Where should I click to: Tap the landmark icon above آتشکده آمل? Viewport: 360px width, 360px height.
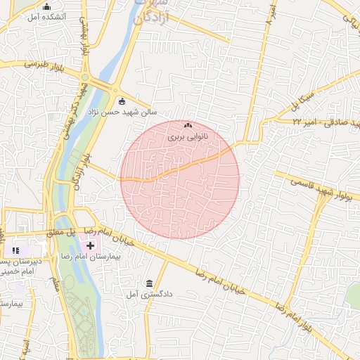click(x=47, y=6)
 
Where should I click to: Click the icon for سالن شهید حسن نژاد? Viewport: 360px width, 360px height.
click(x=122, y=101)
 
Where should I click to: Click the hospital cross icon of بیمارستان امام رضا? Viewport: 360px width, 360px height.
click(x=91, y=246)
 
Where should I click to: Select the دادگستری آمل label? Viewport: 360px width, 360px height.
click(x=148, y=295)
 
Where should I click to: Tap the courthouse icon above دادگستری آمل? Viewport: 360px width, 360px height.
click(x=148, y=283)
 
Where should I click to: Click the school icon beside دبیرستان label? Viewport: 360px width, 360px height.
click(x=16, y=250)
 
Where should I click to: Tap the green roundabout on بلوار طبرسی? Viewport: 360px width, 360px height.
click(x=85, y=77)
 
